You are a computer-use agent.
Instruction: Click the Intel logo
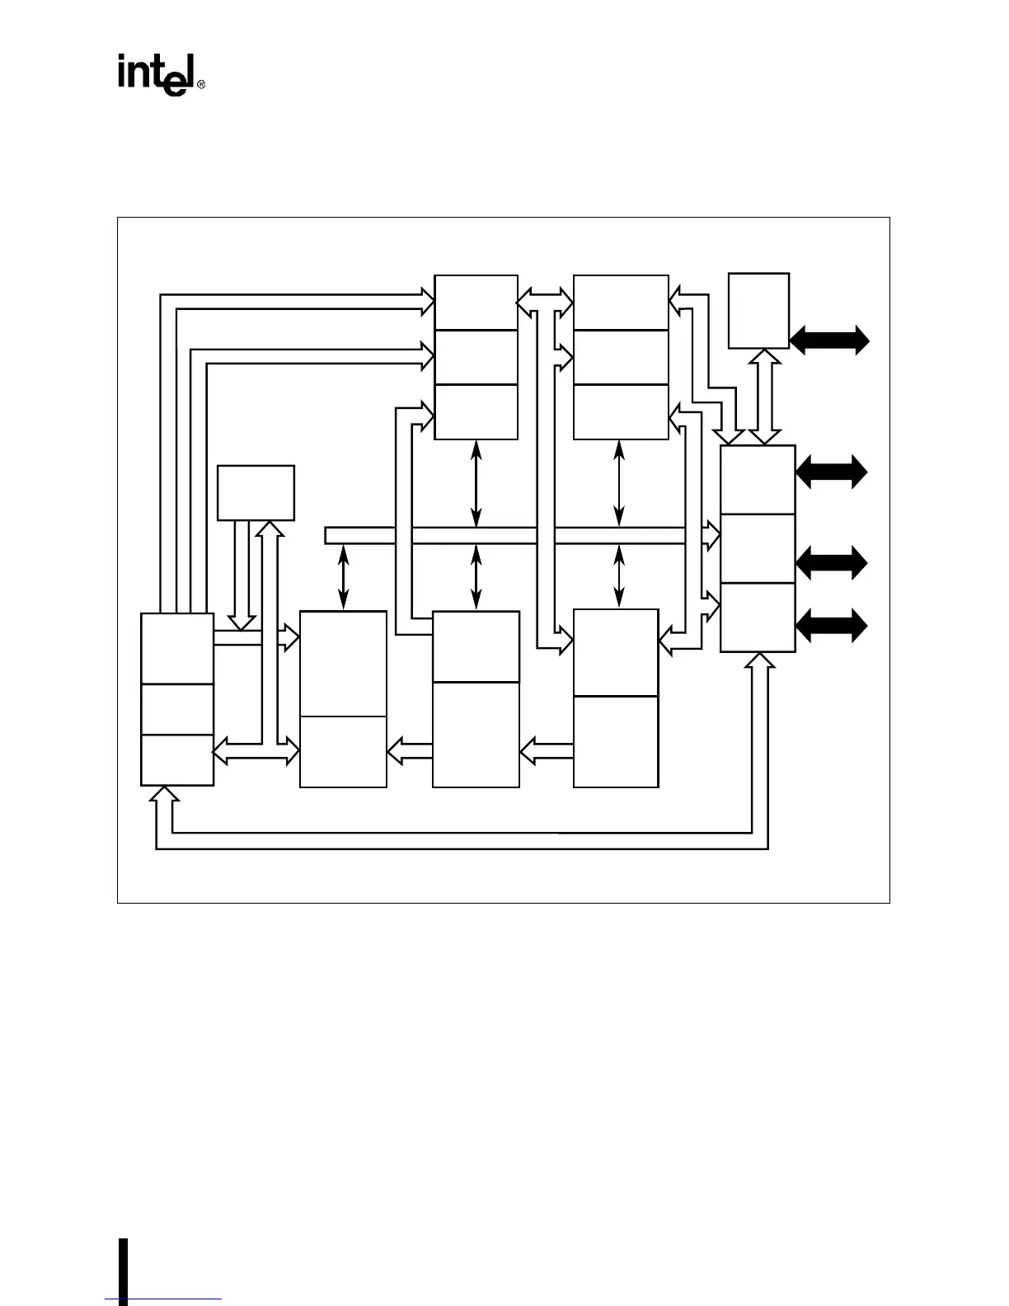pos(155,75)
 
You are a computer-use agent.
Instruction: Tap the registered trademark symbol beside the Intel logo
pos(200,84)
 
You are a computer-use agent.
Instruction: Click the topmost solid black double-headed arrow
pos(829,339)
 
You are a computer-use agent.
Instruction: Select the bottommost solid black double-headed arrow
pos(832,626)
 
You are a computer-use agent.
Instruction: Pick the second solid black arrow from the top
pos(832,472)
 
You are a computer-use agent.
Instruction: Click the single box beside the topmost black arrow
pos(759,310)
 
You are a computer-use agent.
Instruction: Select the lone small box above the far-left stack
pos(256,492)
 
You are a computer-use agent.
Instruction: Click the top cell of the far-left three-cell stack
pos(177,648)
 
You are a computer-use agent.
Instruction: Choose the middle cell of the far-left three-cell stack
pos(177,709)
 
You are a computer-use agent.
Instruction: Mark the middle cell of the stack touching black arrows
pos(758,548)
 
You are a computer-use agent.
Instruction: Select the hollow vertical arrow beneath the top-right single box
pos(767,396)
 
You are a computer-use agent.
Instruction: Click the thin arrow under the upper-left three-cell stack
pos(476,483)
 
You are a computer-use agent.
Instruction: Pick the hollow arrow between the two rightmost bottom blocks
pos(547,749)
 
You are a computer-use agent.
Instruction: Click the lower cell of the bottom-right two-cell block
pos(616,741)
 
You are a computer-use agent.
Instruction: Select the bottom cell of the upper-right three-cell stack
pos(621,411)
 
